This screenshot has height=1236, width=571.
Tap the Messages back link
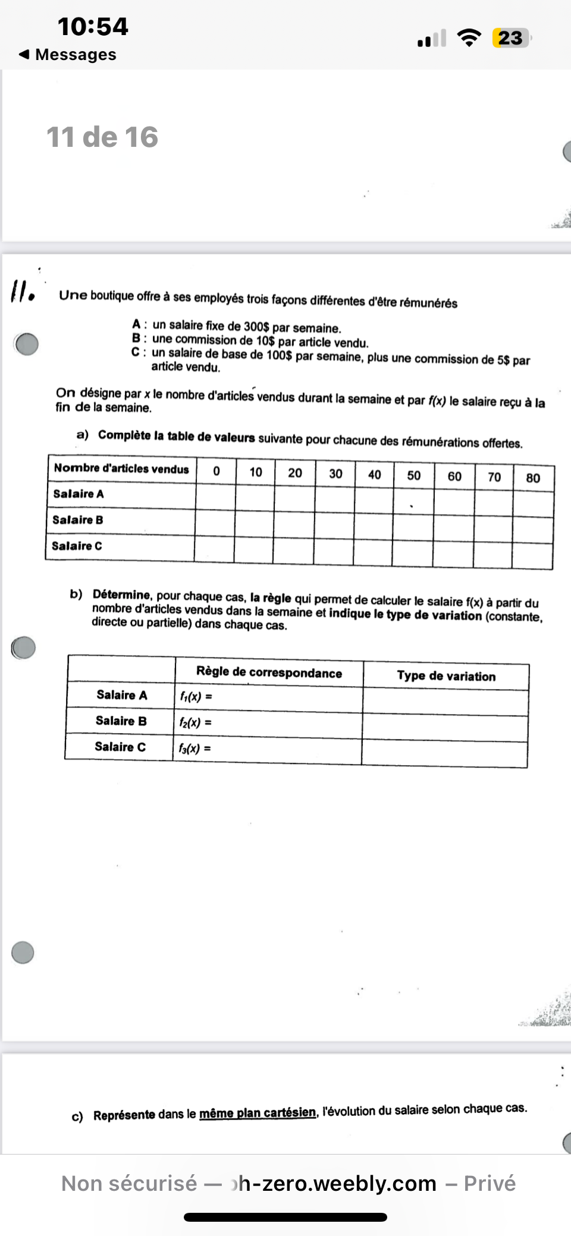[x=68, y=55]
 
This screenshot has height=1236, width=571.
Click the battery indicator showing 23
[x=510, y=38]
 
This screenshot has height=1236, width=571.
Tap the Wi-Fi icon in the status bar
[x=469, y=38]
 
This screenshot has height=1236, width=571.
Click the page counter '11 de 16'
[x=102, y=137]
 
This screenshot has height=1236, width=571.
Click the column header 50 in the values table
[x=413, y=475]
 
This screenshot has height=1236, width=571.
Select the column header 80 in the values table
[x=533, y=478]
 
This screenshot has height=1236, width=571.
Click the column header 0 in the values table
[x=216, y=471]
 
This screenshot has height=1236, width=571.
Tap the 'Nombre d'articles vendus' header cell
[x=121, y=468]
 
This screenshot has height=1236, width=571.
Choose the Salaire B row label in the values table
[x=78, y=520]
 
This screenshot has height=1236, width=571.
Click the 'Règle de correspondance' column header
[x=269, y=672]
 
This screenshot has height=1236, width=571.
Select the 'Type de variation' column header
[x=446, y=676]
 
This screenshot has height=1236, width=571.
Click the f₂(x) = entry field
[x=268, y=723]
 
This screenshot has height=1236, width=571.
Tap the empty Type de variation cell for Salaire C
[x=444, y=753]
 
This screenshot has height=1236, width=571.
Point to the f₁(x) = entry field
[x=268, y=697]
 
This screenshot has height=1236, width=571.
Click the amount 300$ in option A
[x=256, y=327]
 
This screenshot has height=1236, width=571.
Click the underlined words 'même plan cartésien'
[x=257, y=1112]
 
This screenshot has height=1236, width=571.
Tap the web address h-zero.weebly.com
[x=337, y=1183]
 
